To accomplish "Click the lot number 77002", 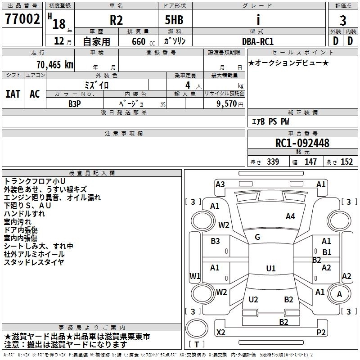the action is (x=22, y=18).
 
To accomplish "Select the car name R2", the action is (x=116, y=20).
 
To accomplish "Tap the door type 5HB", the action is (x=174, y=20).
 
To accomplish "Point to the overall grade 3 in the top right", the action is (x=343, y=21).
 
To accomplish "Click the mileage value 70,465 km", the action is (x=55, y=65).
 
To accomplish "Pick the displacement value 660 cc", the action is (x=143, y=41).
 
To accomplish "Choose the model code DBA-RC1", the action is (x=258, y=41).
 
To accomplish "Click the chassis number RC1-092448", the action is (x=302, y=143).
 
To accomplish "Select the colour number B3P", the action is (x=75, y=104).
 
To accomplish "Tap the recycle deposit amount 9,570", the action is (x=226, y=104).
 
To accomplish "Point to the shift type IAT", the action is (x=13, y=94).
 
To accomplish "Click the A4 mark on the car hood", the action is (x=290, y=216).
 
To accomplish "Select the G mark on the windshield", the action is (x=257, y=237).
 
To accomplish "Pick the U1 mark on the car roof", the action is (x=271, y=268).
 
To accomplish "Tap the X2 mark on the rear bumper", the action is (x=220, y=332).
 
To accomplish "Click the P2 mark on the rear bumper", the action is (x=321, y=332).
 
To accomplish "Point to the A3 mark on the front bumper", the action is (x=220, y=184).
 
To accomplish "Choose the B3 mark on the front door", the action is (x=215, y=241).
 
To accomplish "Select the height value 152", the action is (x=346, y=162).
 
